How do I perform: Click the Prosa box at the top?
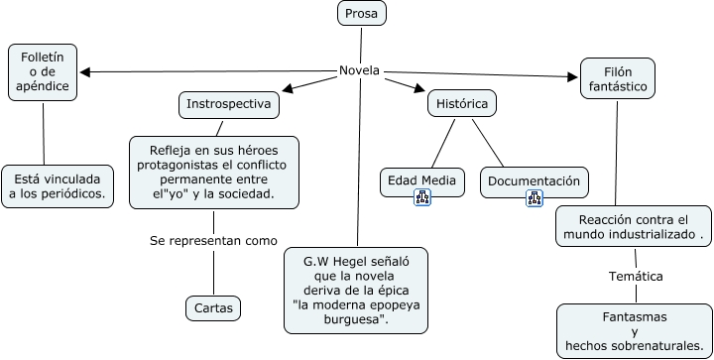pos(362,13)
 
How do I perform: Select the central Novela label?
pos(359,70)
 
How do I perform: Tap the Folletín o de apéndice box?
pos(44,72)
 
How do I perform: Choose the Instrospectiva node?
pos(229,103)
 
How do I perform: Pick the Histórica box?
pos(462,103)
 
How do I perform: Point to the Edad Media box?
pos(421,181)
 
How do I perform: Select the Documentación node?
pos(534,181)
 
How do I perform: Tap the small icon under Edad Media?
pos(422,197)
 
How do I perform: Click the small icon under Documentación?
pos(535,197)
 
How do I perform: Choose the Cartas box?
pos(213,308)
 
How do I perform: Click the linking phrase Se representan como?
pos(213,240)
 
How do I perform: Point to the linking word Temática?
pos(636,276)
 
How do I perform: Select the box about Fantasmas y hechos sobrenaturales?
pos(635,331)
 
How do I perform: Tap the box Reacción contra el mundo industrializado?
pos(633,227)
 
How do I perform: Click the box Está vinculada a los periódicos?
pos(58,185)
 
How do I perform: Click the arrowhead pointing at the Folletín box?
pos(86,71)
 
